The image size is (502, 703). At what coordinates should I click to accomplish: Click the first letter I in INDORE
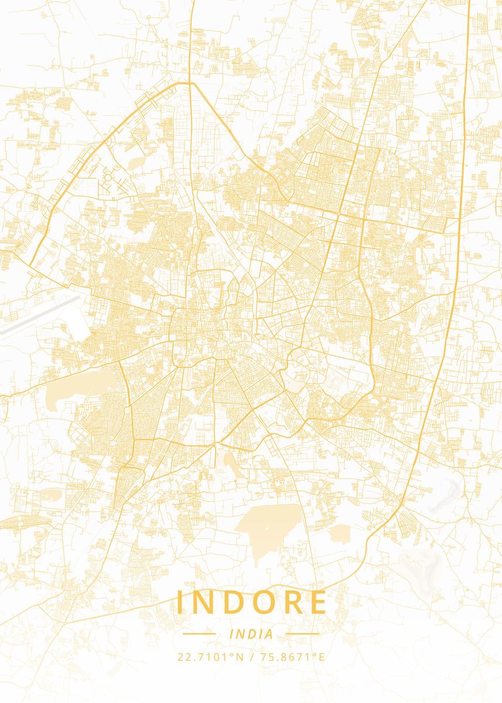pyautogui.click(x=180, y=602)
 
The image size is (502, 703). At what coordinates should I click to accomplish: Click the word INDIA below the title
pyautogui.click(x=251, y=634)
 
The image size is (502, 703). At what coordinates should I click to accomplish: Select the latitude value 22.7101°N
pyautogui.click(x=210, y=657)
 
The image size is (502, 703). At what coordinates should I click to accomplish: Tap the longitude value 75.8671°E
pyautogui.click(x=292, y=657)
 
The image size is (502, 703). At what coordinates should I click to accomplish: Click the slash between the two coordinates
pyautogui.click(x=251, y=657)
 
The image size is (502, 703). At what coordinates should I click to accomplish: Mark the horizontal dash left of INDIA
pyautogui.click(x=199, y=634)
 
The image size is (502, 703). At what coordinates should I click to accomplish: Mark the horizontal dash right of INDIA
pyautogui.click(x=303, y=634)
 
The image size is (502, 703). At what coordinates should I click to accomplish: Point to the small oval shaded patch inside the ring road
pyautogui.click(x=135, y=162)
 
